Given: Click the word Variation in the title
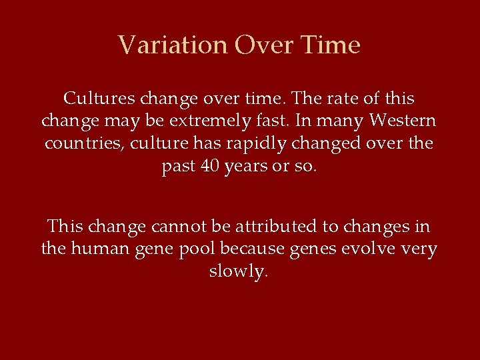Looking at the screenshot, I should tap(173, 45).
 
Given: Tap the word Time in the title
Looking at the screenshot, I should tap(331, 45).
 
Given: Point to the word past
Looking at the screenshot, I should tap(179, 167).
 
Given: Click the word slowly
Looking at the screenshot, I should tap(239, 272).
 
